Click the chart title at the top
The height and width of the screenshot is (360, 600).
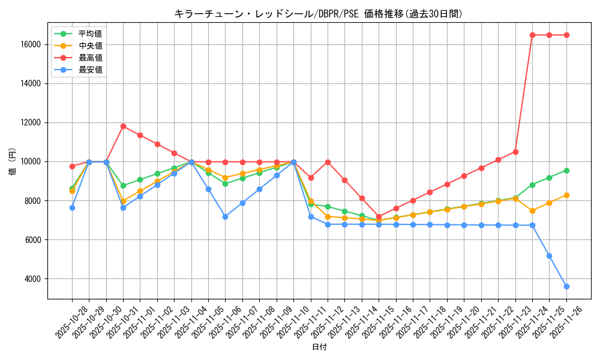click(x=318, y=14)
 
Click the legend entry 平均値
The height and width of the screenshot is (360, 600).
click(x=90, y=34)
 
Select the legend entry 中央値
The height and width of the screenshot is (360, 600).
click(x=90, y=46)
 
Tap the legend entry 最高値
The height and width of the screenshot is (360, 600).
click(x=90, y=58)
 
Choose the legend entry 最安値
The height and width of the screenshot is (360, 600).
click(x=90, y=70)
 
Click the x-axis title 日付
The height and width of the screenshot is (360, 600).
click(x=319, y=347)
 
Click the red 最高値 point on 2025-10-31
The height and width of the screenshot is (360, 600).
click(x=123, y=126)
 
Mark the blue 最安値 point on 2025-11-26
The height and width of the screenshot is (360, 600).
click(x=566, y=286)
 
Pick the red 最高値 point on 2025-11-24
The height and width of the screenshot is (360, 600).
click(x=532, y=35)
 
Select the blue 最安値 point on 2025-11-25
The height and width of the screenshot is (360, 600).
click(x=549, y=256)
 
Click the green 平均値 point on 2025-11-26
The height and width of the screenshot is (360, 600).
click(x=566, y=170)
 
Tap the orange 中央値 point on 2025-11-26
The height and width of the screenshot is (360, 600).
click(x=566, y=195)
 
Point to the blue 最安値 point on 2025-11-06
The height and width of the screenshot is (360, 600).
click(x=225, y=217)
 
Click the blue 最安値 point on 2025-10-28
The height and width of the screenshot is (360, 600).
click(x=72, y=208)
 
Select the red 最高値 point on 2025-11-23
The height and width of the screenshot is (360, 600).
click(x=515, y=152)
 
